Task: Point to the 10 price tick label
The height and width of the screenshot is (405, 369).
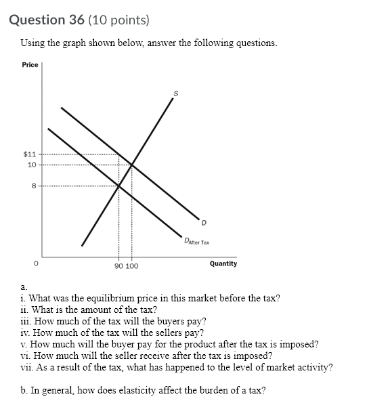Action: pos(31,165)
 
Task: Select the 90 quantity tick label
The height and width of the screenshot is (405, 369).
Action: pos(118,266)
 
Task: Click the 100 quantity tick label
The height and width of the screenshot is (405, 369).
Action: pos(131,266)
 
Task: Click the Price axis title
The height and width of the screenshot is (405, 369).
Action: pos(30,65)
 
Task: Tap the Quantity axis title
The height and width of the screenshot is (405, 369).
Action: pos(223,263)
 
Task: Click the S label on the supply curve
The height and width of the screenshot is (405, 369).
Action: pos(176,94)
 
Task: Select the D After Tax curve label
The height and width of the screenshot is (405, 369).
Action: pos(197,241)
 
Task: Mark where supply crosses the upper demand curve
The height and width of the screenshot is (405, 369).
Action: pos(131,165)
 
